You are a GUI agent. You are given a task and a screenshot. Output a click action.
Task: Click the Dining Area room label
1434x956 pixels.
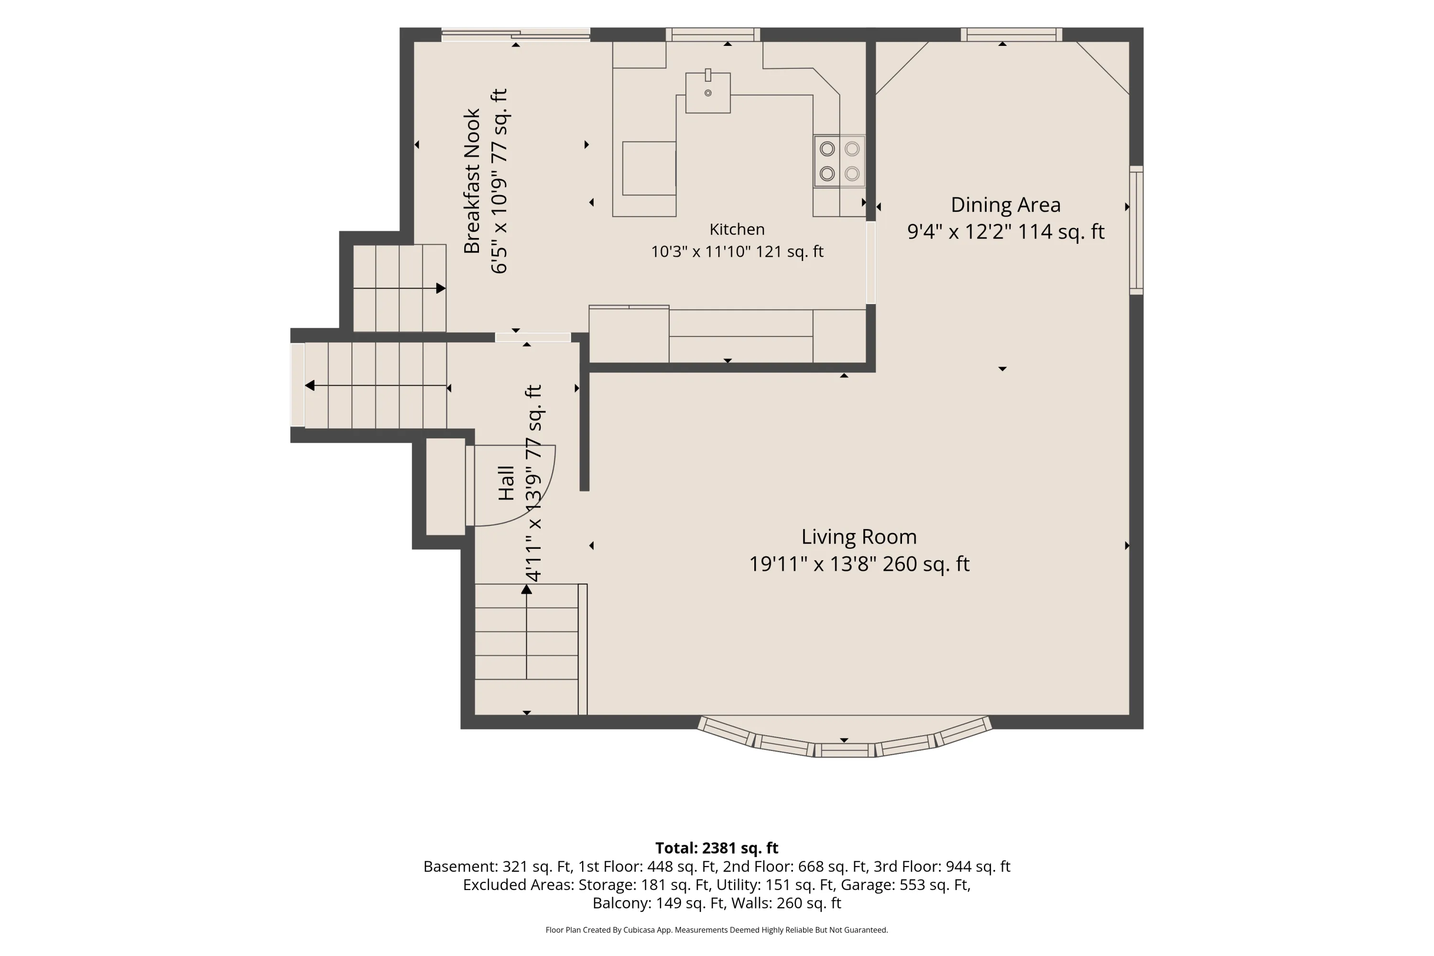click(x=1005, y=205)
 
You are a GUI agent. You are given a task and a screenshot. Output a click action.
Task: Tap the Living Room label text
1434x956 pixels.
click(x=859, y=536)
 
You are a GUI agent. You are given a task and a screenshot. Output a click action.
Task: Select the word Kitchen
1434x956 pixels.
click(x=737, y=229)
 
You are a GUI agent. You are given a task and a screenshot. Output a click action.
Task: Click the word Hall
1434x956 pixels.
click(x=506, y=483)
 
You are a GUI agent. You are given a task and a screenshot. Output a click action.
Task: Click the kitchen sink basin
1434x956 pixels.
click(x=708, y=93)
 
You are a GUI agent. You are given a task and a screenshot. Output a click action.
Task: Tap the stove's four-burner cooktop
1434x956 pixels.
click(x=839, y=161)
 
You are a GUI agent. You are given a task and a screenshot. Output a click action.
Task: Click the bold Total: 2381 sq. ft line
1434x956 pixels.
click(x=717, y=848)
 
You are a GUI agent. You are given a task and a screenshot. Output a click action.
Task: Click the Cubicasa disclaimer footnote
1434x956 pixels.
click(x=717, y=930)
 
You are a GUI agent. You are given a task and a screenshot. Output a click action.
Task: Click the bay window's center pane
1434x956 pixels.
click(x=845, y=750)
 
